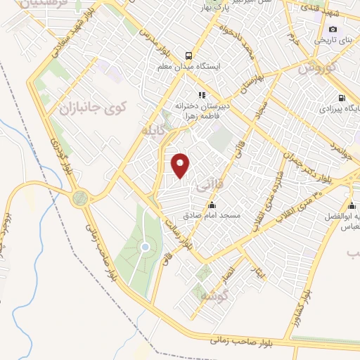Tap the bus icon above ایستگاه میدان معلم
[x=188, y=56]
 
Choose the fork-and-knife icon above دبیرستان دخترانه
[x=201, y=95]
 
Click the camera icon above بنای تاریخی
[x=333, y=30]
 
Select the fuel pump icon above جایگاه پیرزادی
[x=342, y=98]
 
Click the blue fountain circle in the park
[x=145, y=247]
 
